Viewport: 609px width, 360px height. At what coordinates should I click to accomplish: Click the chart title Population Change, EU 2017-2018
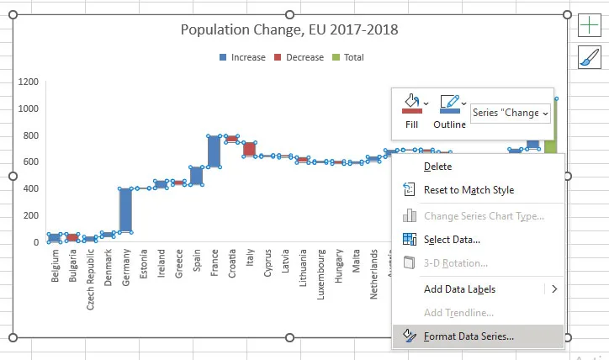[x=290, y=30]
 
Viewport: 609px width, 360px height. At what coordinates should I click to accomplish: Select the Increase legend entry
[x=242, y=57]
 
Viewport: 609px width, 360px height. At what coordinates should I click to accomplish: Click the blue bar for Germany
[x=125, y=209]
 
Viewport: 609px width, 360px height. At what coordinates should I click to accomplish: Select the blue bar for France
[x=214, y=151]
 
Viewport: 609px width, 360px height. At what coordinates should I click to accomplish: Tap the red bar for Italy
[x=249, y=149]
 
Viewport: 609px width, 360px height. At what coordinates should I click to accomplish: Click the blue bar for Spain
[x=196, y=175]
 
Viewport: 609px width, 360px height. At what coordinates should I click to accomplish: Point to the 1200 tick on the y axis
[x=28, y=82]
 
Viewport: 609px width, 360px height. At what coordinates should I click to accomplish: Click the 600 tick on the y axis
[x=30, y=161]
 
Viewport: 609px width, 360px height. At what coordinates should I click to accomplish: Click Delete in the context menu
[x=437, y=167]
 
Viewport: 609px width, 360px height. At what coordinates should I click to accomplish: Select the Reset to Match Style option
[x=469, y=190]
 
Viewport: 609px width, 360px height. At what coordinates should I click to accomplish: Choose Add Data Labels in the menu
[x=459, y=289]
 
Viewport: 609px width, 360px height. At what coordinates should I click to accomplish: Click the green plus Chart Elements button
[x=589, y=25]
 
